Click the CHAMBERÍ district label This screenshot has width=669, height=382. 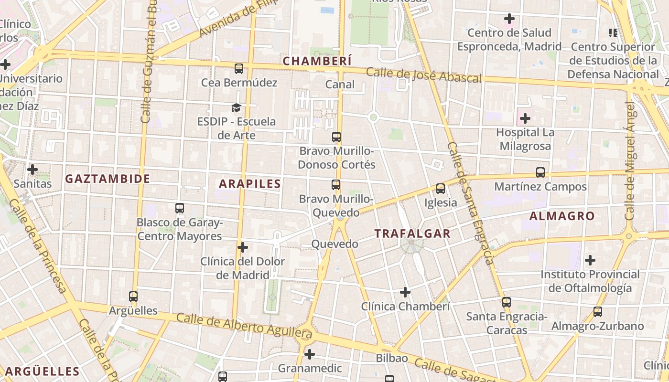click(x=317, y=61)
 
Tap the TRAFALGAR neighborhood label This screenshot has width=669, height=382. click(x=412, y=233)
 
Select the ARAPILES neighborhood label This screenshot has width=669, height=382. click(x=250, y=183)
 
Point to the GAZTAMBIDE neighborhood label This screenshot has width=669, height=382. click(x=108, y=179)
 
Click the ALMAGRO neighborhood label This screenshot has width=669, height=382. click(x=562, y=216)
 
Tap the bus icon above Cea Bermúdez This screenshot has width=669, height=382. click(x=239, y=69)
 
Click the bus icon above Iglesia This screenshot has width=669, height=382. click(x=441, y=189)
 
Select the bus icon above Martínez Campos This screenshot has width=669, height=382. click(x=540, y=172)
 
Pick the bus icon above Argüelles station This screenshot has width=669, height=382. click(x=133, y=297)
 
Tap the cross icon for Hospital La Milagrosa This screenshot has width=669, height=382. click(x=525, y=118)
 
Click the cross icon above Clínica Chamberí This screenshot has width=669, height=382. click(x=405, y=292)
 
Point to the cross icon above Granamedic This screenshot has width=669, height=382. click(x=310, y=354)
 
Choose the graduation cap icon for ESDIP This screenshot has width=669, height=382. click(x=236, y=107)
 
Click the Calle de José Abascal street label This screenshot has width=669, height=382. click(x=423, y=75)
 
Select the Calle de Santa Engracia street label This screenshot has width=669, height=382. click(x=471, y=203)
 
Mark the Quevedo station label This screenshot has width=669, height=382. click(x=334, y=244)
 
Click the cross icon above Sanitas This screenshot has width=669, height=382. click(x=32, y=170)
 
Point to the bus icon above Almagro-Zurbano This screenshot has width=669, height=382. click(x=597, y=312)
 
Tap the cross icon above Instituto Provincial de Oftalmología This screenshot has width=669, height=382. click(x=590, y=260)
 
